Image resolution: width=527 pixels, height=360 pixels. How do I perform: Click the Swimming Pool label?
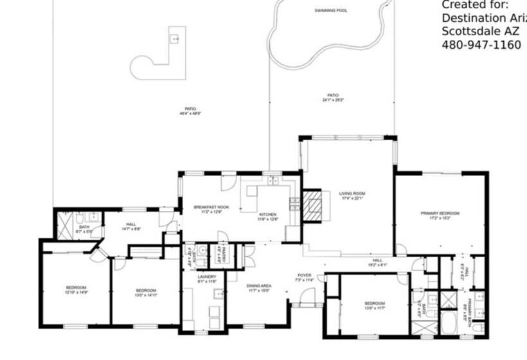(x=331, y=11)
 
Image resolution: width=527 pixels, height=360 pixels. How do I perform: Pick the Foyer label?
(x=304, y=277)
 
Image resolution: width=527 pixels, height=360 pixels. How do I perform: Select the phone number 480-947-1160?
(x=481, y=45)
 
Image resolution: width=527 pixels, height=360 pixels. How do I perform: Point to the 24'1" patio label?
(x=334, y=98)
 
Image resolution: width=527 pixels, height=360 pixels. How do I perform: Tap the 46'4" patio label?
(x=190, y=111)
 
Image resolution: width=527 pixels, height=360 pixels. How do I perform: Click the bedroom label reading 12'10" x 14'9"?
(x=75, y=289)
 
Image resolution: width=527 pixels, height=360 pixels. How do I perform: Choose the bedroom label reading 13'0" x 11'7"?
(x=374, y=305)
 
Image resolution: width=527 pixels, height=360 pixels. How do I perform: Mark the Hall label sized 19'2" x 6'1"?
(x=378, y=262)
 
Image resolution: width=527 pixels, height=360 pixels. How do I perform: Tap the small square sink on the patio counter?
(x=174, y=39)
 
